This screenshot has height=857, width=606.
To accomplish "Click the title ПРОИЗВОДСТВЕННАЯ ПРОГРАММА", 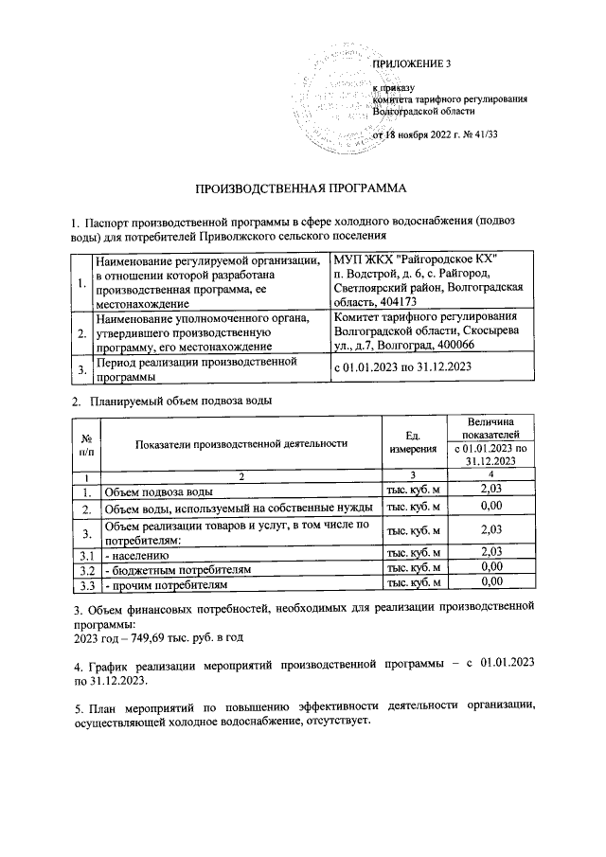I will [x=300, y=187].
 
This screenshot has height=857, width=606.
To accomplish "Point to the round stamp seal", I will [x=336, y=95].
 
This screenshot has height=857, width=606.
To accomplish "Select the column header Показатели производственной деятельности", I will [x=241, y=442].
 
